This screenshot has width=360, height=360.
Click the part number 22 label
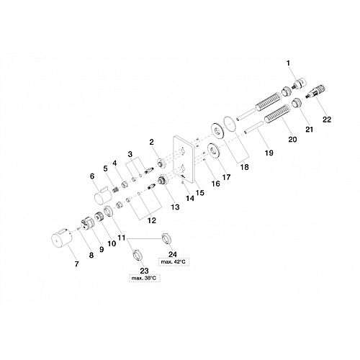[327, 120]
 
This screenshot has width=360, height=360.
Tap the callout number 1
[288, 63]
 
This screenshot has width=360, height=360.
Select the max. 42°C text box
[174, 261]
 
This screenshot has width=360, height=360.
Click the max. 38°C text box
[144, 278]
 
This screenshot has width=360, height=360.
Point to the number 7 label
[76, 264]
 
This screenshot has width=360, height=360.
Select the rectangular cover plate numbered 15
[184, 160]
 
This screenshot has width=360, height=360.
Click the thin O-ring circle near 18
[230, 124]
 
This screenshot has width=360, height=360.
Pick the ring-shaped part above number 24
[166, 239]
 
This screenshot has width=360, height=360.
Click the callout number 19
[269, 153]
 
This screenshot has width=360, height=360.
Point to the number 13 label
[175, 207]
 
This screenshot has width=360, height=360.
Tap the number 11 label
[122, 238]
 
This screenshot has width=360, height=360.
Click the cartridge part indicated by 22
[317, 91]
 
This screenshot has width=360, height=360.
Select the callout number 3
[130, 154]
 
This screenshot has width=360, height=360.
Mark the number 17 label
[226, 177]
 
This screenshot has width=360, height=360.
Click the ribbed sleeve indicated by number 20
[277, 114]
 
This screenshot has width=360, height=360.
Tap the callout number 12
[152, 220]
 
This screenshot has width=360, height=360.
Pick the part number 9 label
[102, 249]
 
